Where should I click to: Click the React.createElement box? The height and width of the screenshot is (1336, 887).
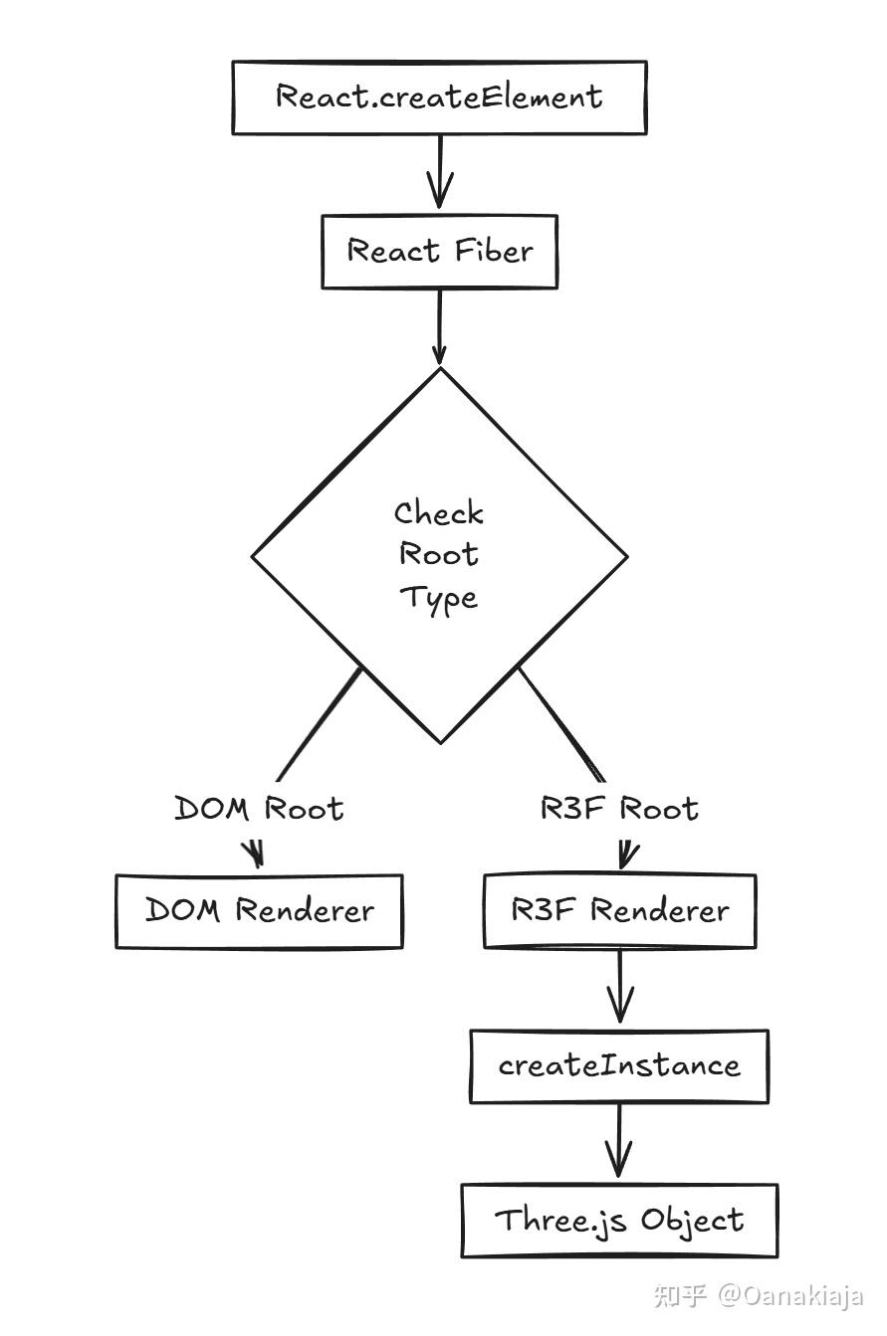(439, 97)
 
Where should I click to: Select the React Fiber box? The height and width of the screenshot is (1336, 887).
(439, 252)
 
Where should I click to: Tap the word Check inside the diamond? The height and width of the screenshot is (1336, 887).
(439, 513)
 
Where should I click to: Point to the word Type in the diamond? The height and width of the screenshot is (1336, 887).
(439, 598)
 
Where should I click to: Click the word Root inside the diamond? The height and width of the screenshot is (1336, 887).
(439, 554)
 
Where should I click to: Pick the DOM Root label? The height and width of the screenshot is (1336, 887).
(259, 808)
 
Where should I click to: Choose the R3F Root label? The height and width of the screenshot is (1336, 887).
(619, 808)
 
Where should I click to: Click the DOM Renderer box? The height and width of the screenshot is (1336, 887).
(259, 910)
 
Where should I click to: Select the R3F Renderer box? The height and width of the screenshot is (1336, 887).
(619, 910)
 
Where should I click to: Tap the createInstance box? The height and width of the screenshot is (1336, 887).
(619, 1065)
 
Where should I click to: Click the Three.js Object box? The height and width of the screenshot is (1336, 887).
(619, 1220)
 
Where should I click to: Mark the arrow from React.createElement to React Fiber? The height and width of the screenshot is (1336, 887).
(439, 171)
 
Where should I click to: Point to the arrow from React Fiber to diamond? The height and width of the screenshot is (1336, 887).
(439, 326)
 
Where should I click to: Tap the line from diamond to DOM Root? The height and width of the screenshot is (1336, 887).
(319, 724)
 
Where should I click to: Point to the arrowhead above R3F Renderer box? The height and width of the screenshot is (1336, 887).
(627, 854)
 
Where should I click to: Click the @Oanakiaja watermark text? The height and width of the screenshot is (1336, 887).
(790, 1295)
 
